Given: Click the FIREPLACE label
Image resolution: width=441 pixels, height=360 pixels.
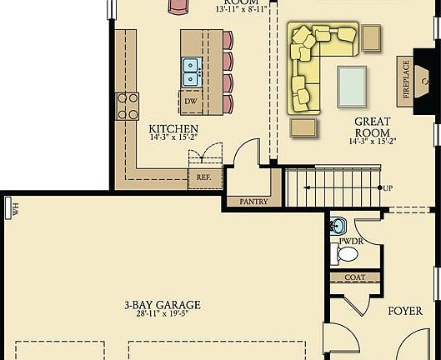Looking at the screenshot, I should (407, 79).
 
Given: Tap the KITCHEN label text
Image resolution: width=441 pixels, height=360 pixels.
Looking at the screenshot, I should (173, 128).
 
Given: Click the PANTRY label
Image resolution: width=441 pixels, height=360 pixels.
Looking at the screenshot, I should (253, 202).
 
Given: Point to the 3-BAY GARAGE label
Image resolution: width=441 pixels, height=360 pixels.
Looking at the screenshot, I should (158, 305).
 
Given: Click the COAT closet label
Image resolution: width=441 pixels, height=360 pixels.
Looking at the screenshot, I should (354, 277).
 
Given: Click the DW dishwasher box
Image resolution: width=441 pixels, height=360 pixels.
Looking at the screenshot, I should (191, 102).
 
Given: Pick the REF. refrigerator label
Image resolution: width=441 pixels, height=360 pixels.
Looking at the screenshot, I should (204, 177).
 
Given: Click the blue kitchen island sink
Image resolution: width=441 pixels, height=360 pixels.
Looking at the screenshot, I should (190, 71).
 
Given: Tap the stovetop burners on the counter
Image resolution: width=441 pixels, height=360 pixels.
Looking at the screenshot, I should (128, 106).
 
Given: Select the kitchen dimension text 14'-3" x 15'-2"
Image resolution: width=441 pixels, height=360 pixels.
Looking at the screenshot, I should (173, 138).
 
